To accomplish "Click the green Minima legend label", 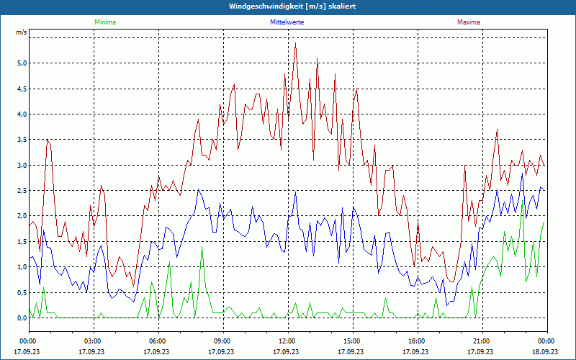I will point(104,22).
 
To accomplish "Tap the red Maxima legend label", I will point(468,22).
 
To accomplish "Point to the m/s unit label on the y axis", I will point(21,33).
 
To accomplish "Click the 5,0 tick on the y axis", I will point(22,63).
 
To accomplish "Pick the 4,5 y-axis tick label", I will point(22,89).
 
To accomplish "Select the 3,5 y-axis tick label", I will point(22,140).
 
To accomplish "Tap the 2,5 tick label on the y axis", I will point(22,191).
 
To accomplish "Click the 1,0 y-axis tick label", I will point(22,267).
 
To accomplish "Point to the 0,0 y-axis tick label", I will point(22,318).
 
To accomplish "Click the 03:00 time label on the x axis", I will point(93,341).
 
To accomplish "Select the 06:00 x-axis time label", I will point(158,341).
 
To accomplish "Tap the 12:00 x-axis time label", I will point(287,341).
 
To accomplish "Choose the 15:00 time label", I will point(351,341).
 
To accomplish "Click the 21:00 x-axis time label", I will point(481,341).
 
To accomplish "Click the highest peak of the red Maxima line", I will point(295,43).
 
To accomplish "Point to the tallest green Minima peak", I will point(202,247).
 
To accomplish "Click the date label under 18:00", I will point(416,351).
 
